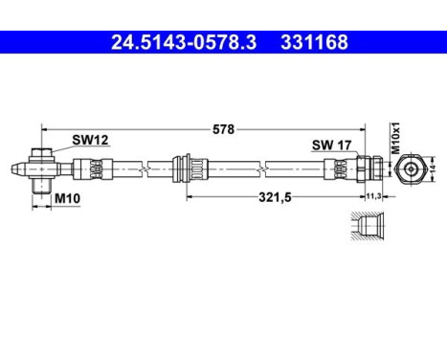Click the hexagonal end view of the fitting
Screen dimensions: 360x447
[411, 167]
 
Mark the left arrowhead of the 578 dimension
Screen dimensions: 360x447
[45, 127]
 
